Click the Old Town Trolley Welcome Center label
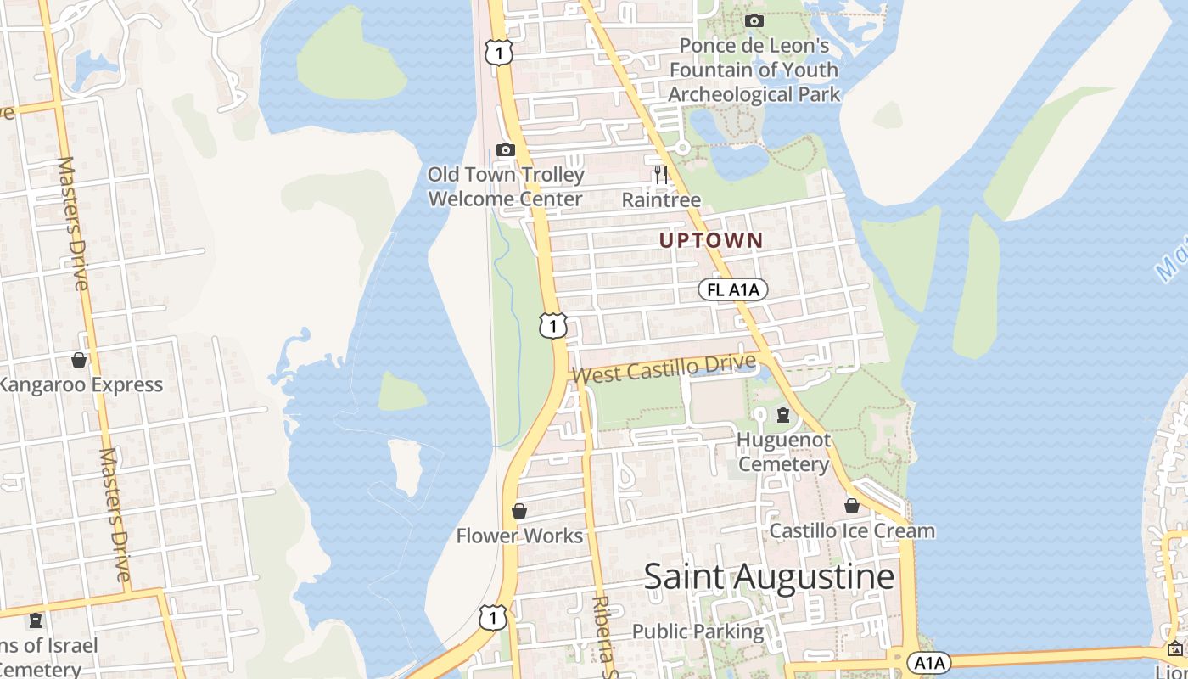(x=506, y=187)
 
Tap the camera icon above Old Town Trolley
(x=506, y=150)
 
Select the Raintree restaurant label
(x=661, y=199)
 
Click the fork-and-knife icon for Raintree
(x=661, y=175)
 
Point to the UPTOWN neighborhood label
(x=711, y=240)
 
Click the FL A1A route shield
(x=733, y=289)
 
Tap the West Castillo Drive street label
(x=663, y=368)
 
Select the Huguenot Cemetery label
(x=783, y=452)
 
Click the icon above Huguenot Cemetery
(x=783, y=415)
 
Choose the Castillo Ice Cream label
(x=852, y=531)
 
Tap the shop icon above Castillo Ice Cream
(x=852, y=506)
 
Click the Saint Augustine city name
(x=769, y=577)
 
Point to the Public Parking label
(x=698, y=631)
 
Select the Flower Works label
(x=519, y=536)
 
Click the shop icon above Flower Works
(x=519, y=511)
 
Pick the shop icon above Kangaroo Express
(x=79, y=360)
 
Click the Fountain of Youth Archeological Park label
(x=754, y=70)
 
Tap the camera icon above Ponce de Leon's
(x=754, y=20)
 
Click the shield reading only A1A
(x=928, y=662)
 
